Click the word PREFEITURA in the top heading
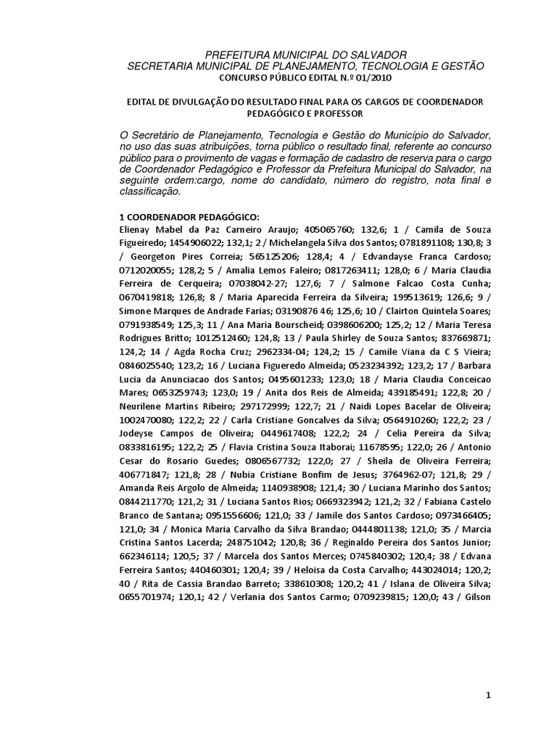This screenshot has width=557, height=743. (x=230, y=54)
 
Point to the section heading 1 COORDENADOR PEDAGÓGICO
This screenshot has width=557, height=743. (x=188, y=217)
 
